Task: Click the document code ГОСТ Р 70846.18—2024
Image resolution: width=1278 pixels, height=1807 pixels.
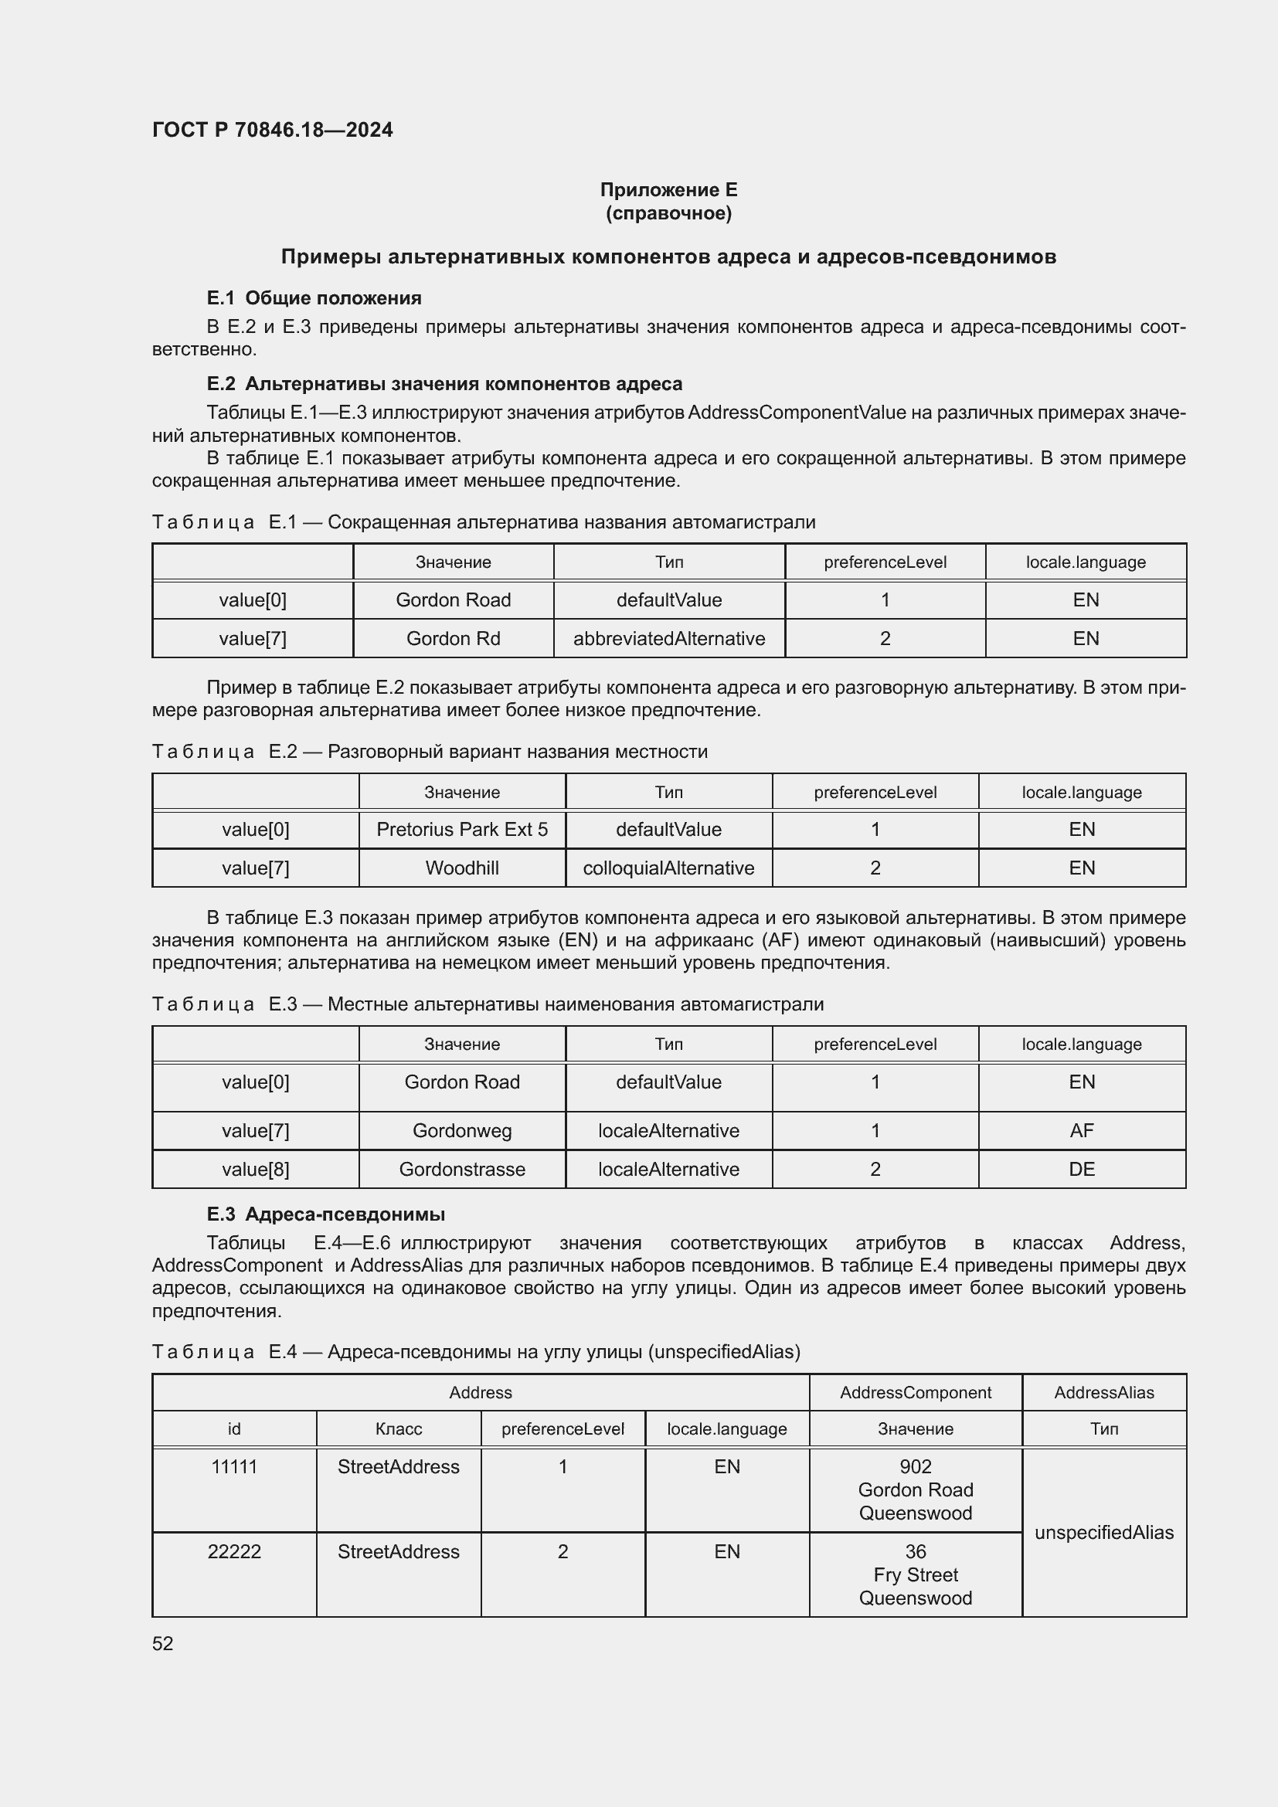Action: click(x=272, y=130)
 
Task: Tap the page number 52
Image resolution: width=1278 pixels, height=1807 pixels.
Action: click(x=163, y=1643)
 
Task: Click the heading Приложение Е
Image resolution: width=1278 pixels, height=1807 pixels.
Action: click(x=668, y=190)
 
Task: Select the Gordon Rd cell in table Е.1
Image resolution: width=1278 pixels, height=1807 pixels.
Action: click(x=454, y=638)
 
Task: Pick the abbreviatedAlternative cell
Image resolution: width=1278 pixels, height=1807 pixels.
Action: click(x=669, y=638)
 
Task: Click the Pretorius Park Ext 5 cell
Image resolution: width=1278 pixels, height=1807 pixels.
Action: click(x=462, y=830)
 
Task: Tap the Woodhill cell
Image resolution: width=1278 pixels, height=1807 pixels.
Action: click(x=462, y=868)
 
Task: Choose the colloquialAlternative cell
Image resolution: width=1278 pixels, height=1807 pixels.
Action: click(x=668, y=868)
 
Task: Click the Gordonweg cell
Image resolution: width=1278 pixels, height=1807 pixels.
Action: click(x=462, y=1131)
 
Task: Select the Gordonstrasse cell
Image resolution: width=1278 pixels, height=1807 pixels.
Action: click(x=462, y=1170)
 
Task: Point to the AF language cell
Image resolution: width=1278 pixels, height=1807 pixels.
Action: click(x=1081, y=1131)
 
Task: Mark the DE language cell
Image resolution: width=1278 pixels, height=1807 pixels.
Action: click(x=1081, y=1170)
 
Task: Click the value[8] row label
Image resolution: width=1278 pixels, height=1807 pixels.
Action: click(x=256, y=1170)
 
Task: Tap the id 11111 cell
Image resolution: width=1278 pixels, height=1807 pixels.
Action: click(x=235, y=1467)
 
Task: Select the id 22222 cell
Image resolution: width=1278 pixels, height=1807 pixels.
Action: click(x=235, y=1552)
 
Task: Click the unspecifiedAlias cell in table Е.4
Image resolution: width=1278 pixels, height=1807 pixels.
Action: click(x=1104, y=1532)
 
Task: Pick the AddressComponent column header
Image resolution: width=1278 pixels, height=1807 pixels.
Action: click(x=915, y=1393)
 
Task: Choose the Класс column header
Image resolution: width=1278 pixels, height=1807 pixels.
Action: click(x=398, y=1429)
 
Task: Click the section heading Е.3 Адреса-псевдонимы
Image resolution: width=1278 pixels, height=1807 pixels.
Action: click(x=326, y=1214)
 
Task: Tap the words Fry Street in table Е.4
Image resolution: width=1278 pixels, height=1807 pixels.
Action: click(x=915, y=1574)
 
